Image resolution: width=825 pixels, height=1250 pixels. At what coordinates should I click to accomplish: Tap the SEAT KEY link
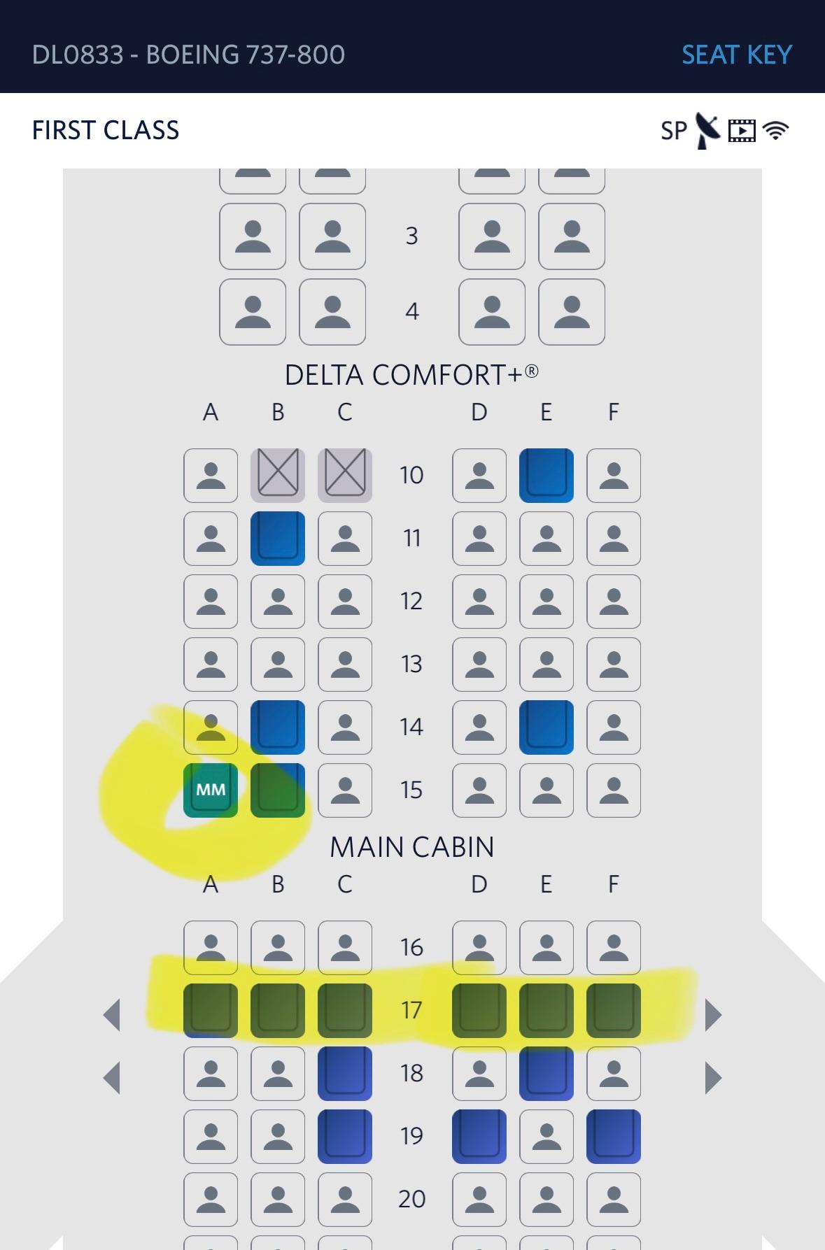[x=736, y=55]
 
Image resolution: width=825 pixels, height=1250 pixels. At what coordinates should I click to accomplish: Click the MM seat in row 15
[x=211, y=790]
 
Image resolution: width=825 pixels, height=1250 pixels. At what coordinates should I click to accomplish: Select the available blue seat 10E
[x=547, y=476]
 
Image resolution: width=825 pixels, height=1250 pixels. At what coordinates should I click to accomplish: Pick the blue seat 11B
[x=278, y=539]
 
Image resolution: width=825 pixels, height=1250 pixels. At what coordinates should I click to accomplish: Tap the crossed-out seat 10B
[x=278, y=476]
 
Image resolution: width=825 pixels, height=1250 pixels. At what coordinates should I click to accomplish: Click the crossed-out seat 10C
[x=345, y=476]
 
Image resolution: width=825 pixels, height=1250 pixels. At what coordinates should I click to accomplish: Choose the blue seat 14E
[x=547, y=727]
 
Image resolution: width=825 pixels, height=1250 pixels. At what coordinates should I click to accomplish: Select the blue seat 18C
[x=345, y=1073]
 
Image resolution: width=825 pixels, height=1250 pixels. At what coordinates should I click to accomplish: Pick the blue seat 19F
[x=614, y=1136]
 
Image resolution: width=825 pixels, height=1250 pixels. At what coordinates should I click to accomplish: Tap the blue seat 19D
[x=479, y=1136]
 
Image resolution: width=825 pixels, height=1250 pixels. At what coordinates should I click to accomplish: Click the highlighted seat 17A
[x=211, y=1010]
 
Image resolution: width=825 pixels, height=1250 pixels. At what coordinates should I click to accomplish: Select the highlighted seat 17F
[x=614, y=1010]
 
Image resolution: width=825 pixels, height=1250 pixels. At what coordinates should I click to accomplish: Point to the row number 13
[x=411, y=664]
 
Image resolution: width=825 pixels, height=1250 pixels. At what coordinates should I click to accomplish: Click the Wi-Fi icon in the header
[x=775, y=130]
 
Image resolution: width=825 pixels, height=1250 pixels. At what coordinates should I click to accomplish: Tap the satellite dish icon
[x=707, y=130]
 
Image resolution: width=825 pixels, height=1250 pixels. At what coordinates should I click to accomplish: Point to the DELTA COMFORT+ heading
[x=411, y=375]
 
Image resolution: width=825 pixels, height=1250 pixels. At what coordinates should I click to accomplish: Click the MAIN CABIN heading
[x=411, y=847]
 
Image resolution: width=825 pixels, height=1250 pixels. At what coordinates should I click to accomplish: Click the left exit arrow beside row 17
[x=112, y=1014]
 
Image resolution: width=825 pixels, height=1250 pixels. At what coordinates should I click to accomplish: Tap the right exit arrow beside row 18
[x=712, y=1077]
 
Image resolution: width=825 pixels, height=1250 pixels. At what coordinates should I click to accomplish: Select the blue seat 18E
[x=547, y=1073]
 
